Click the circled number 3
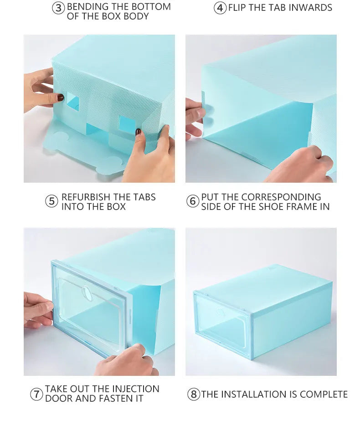click(58, 8)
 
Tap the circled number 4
click(220, 8)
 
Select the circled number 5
click(52, 201)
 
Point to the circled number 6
click(192, 201)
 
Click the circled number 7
click(36, 394)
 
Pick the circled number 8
click(194, 394)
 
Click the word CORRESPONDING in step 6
click(281, 197)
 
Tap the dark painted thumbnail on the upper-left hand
click(60, 97)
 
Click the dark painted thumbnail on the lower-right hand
click(138, 132)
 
